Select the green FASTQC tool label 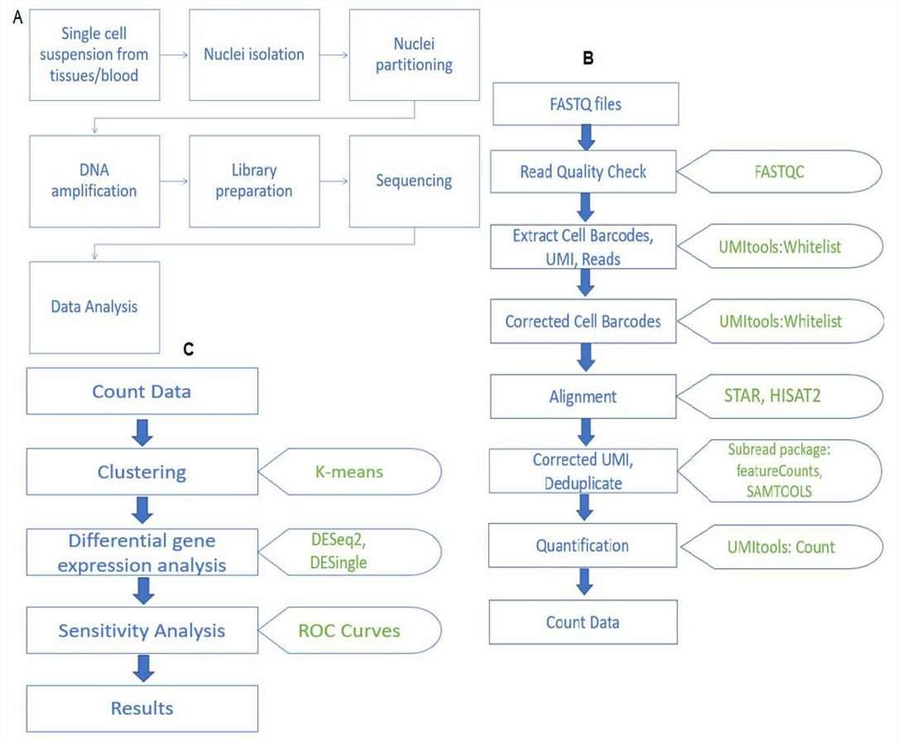(x=778, y=172)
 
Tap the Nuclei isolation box (x=254, y=55)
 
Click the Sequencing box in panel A (x=414, y=181)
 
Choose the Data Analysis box (x=94, y=307)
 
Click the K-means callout (x=352, y=472)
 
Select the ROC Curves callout (x=352, y=630)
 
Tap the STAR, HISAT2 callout (x=778, y=396)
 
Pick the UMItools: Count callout (x=778, y=546)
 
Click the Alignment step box (x=583, y=396)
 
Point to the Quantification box (x=583, y=546)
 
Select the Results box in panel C (x=142, y=708)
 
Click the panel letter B (x=588, y=57)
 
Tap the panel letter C (x=188, y=349)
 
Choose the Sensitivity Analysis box (x=142, y=630)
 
